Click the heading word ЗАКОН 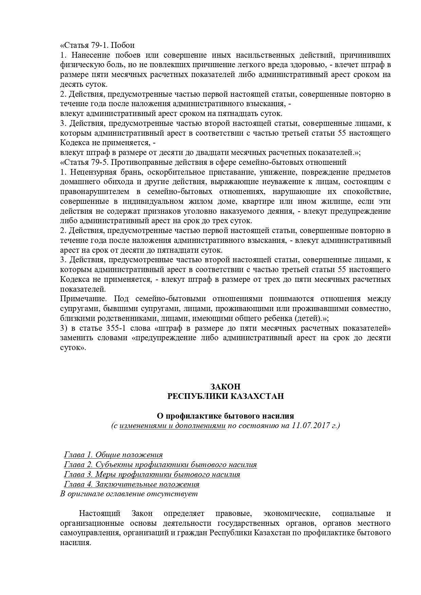pos(225,386)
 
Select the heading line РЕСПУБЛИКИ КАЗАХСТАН pos(225,396)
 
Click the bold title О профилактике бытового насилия pos(225,416)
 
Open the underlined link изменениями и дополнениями pos(172,425)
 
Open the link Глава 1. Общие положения pos(113,455)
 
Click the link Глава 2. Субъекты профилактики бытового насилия pos(160,464)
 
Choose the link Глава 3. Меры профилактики pos(152,474)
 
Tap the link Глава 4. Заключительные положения pos(132,484)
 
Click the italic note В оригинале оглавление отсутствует pos(129,494)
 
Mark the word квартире pos(258,201)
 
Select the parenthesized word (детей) pos(307,319)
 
